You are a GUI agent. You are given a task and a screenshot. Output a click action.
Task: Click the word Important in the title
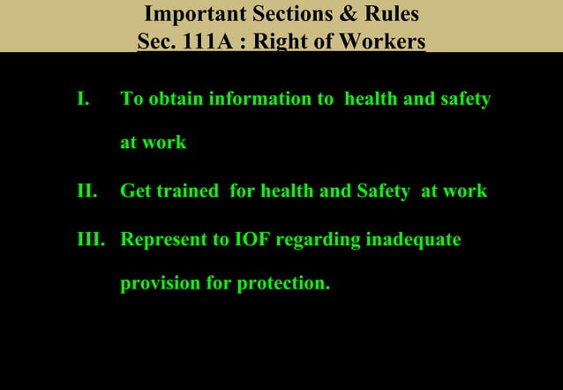tap(185, 15)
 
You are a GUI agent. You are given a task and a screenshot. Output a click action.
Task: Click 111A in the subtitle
tap(198, 41)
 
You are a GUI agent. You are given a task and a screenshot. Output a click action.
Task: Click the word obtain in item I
tap(176, 99)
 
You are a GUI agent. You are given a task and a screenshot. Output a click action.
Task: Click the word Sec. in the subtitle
tap(154, 41)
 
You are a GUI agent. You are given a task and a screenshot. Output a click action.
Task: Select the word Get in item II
tap(135, 191)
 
